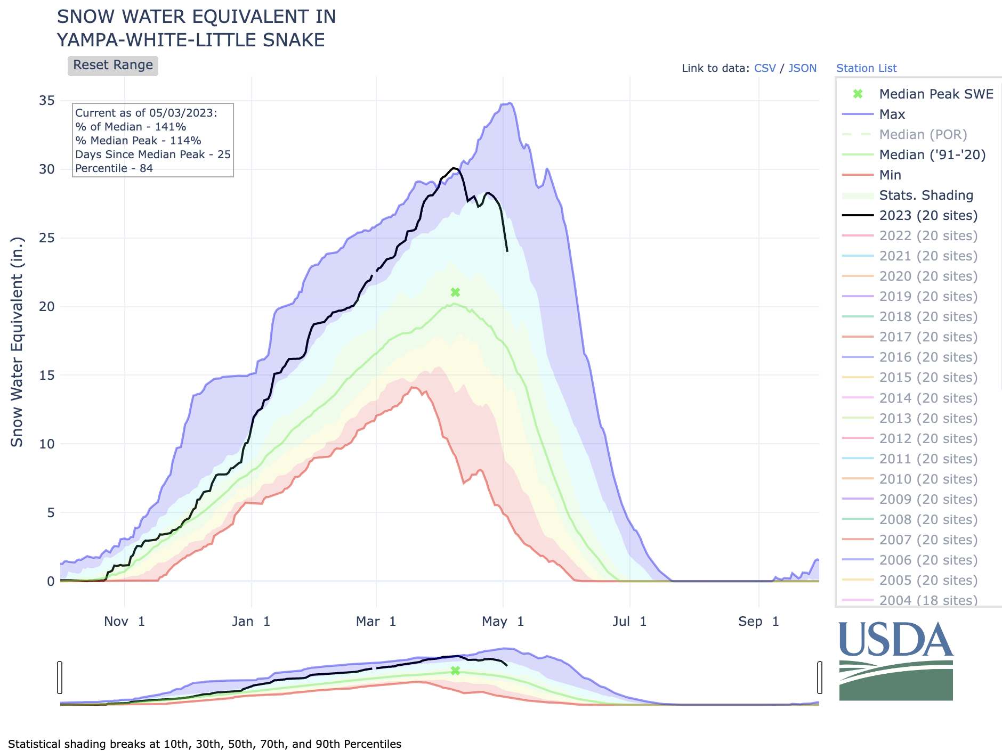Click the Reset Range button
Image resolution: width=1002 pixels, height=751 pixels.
[x=112, y=66]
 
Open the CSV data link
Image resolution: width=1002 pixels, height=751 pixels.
[x=765, y=68]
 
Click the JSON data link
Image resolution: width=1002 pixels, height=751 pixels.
[x=802, y=68]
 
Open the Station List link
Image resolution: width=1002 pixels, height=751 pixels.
[x=866, y=68]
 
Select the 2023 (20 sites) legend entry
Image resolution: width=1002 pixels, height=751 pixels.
[x=928, y=216]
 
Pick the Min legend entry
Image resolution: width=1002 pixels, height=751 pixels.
[x=890, y=175]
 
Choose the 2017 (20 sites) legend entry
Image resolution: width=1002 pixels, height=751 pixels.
[x=928, y=337]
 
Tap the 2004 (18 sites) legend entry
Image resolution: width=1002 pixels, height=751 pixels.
[x=928, y=600]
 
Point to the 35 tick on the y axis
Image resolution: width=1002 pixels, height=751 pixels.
[x=47, y=101]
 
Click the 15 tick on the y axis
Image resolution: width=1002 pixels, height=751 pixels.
[x=47, y=376]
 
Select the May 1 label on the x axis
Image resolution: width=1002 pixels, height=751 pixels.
[x=503, y=622]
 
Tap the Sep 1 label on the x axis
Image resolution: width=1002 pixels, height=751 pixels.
[x=758, y=622]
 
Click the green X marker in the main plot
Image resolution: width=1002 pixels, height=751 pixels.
[x=455, y=292]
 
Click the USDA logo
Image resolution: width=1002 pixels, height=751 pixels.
[x=896, y=661]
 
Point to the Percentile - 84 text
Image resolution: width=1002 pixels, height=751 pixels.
[x=114, y=168]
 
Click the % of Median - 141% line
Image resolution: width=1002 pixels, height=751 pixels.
[x=131, y=127]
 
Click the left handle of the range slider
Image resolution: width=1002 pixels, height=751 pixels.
[x=60, y=677]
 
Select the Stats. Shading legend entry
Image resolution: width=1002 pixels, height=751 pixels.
[x=926, y=195]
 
